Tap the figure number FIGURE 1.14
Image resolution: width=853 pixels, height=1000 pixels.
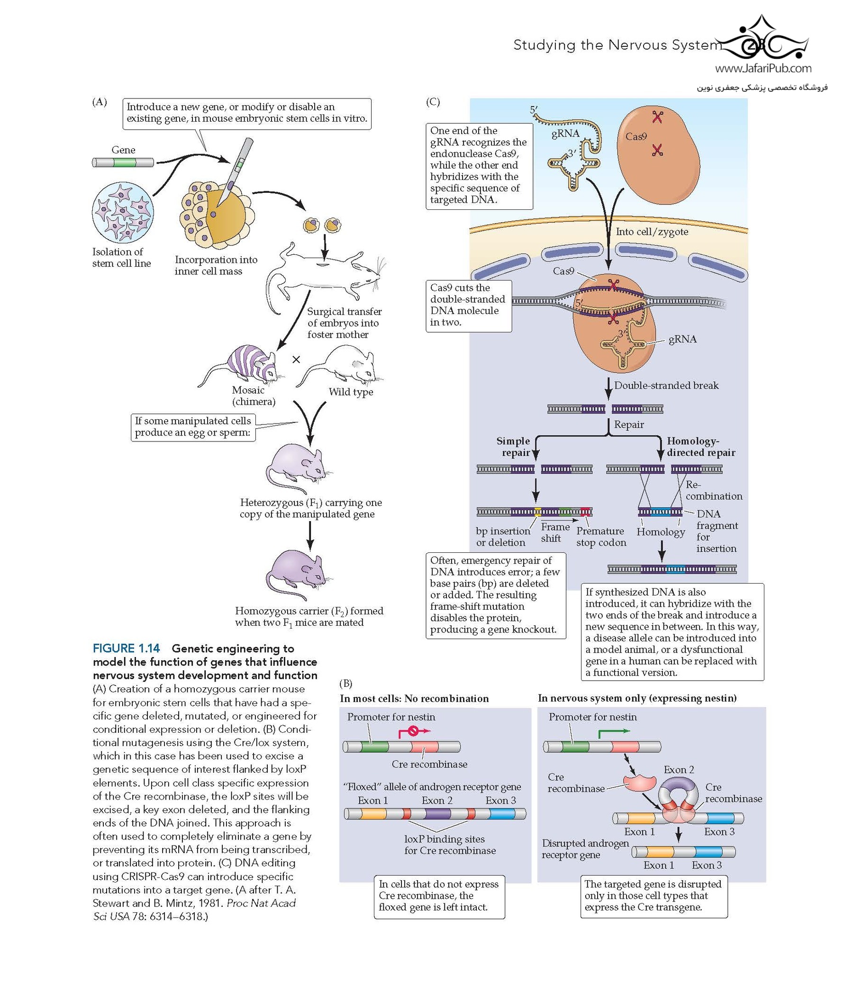[127, 649]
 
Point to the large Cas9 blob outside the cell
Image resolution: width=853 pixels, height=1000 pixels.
[658, 154]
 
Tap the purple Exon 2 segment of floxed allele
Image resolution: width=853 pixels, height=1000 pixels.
[437, 814]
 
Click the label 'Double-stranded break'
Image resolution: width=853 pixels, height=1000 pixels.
[666, 386]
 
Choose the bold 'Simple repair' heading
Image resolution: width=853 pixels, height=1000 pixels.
[513, 447]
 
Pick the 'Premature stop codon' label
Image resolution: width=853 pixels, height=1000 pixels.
[601, 537]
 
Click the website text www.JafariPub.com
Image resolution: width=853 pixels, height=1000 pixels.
[763, 69]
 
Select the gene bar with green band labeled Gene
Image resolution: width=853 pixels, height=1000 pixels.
[123, 162]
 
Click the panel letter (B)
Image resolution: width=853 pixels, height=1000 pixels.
[345, 684]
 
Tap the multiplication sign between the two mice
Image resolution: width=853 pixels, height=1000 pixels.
[296, 360]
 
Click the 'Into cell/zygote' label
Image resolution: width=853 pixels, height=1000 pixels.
[652, 232]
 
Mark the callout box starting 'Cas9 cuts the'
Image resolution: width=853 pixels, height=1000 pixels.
[468, 306]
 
